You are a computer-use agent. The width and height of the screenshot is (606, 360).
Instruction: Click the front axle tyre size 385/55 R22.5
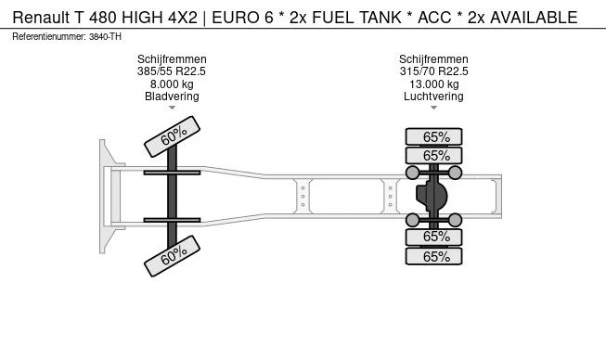[172, 71]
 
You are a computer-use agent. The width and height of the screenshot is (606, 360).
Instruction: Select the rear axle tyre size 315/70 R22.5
[433, 71]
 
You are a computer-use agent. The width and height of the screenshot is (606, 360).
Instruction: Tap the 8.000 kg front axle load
[172, 84]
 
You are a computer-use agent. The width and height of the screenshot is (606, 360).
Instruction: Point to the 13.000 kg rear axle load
[433, 84]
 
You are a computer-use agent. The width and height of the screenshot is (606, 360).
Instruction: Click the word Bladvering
[172, 96]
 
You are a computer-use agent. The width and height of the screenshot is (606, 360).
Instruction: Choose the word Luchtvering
[433, 96]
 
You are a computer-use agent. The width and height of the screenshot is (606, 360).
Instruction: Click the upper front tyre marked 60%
[173, 136]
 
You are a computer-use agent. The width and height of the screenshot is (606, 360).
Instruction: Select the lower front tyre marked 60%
[173, 256]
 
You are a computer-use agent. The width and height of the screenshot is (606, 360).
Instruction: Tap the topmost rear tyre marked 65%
[434, 137]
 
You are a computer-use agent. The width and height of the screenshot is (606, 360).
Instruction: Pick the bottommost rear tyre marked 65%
[434, 256]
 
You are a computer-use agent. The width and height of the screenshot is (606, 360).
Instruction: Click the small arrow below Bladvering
[172, 109]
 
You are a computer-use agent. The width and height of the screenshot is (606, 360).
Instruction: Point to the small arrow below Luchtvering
[433, 109]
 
